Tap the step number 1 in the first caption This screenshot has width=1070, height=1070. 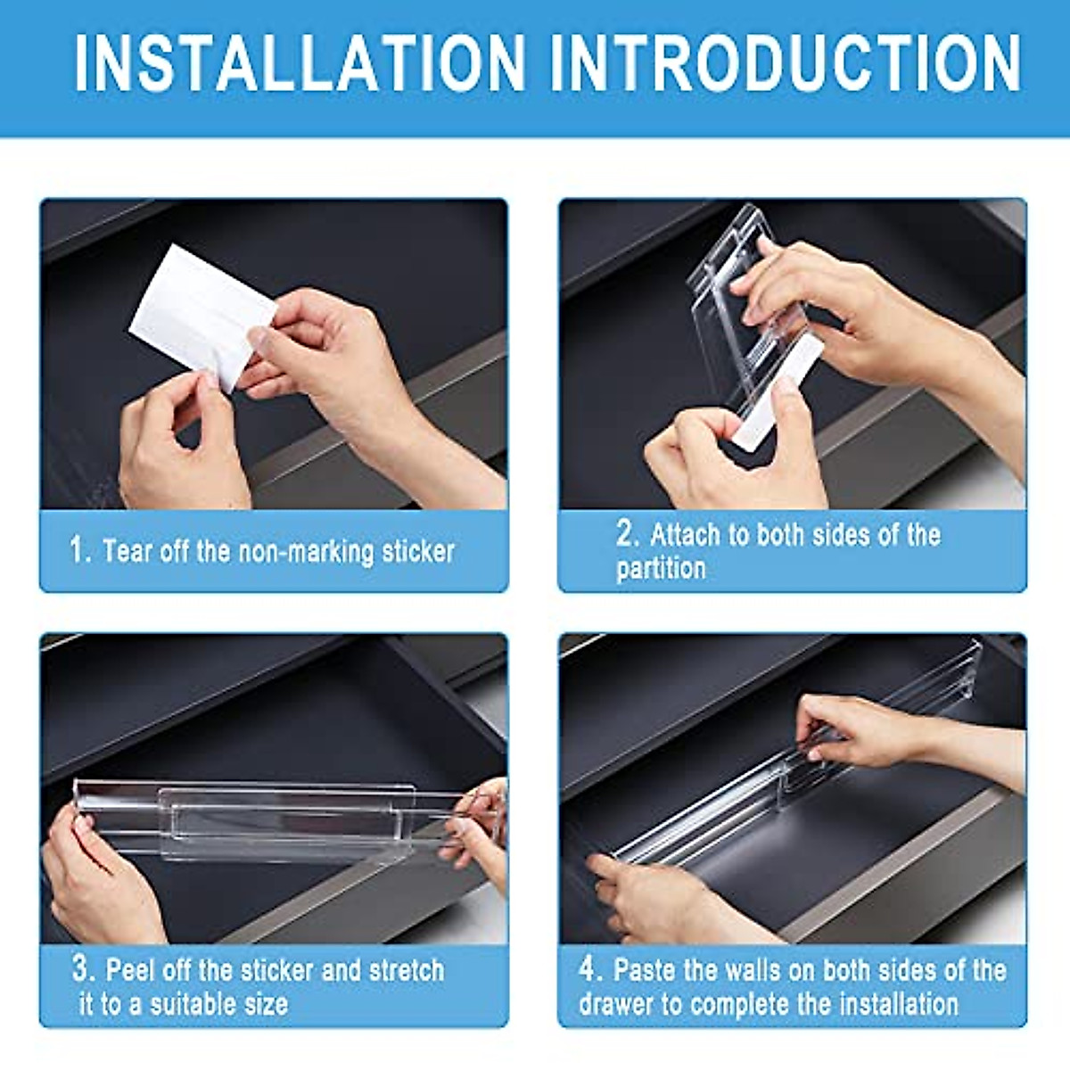pos(79,549)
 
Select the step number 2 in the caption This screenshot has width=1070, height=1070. pos(627,533)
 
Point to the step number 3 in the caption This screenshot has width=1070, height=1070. pos(83,968)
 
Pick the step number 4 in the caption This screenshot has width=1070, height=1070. pos(588,968)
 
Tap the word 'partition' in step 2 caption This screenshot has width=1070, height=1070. pos(661,569)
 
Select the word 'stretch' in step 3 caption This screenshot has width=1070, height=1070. pos(400,970)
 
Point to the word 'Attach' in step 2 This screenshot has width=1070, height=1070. pos(685,535)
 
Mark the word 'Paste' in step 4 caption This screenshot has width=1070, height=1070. pos(644,970)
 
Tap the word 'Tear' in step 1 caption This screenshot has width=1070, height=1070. pos(128,551)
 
